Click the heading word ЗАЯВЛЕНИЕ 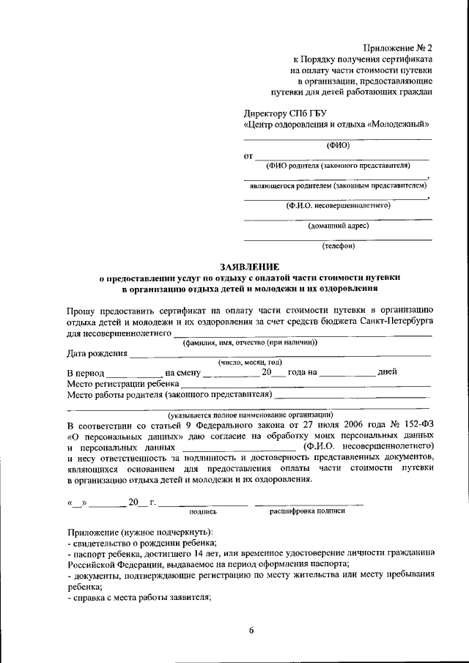[x=250, y=267]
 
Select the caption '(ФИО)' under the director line [x=338, y=145]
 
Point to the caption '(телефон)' [x=338, y=245]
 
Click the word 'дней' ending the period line [x=387, y=371]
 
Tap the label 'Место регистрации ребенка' [x=122, y=383]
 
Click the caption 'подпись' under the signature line [x=203, y=513]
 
